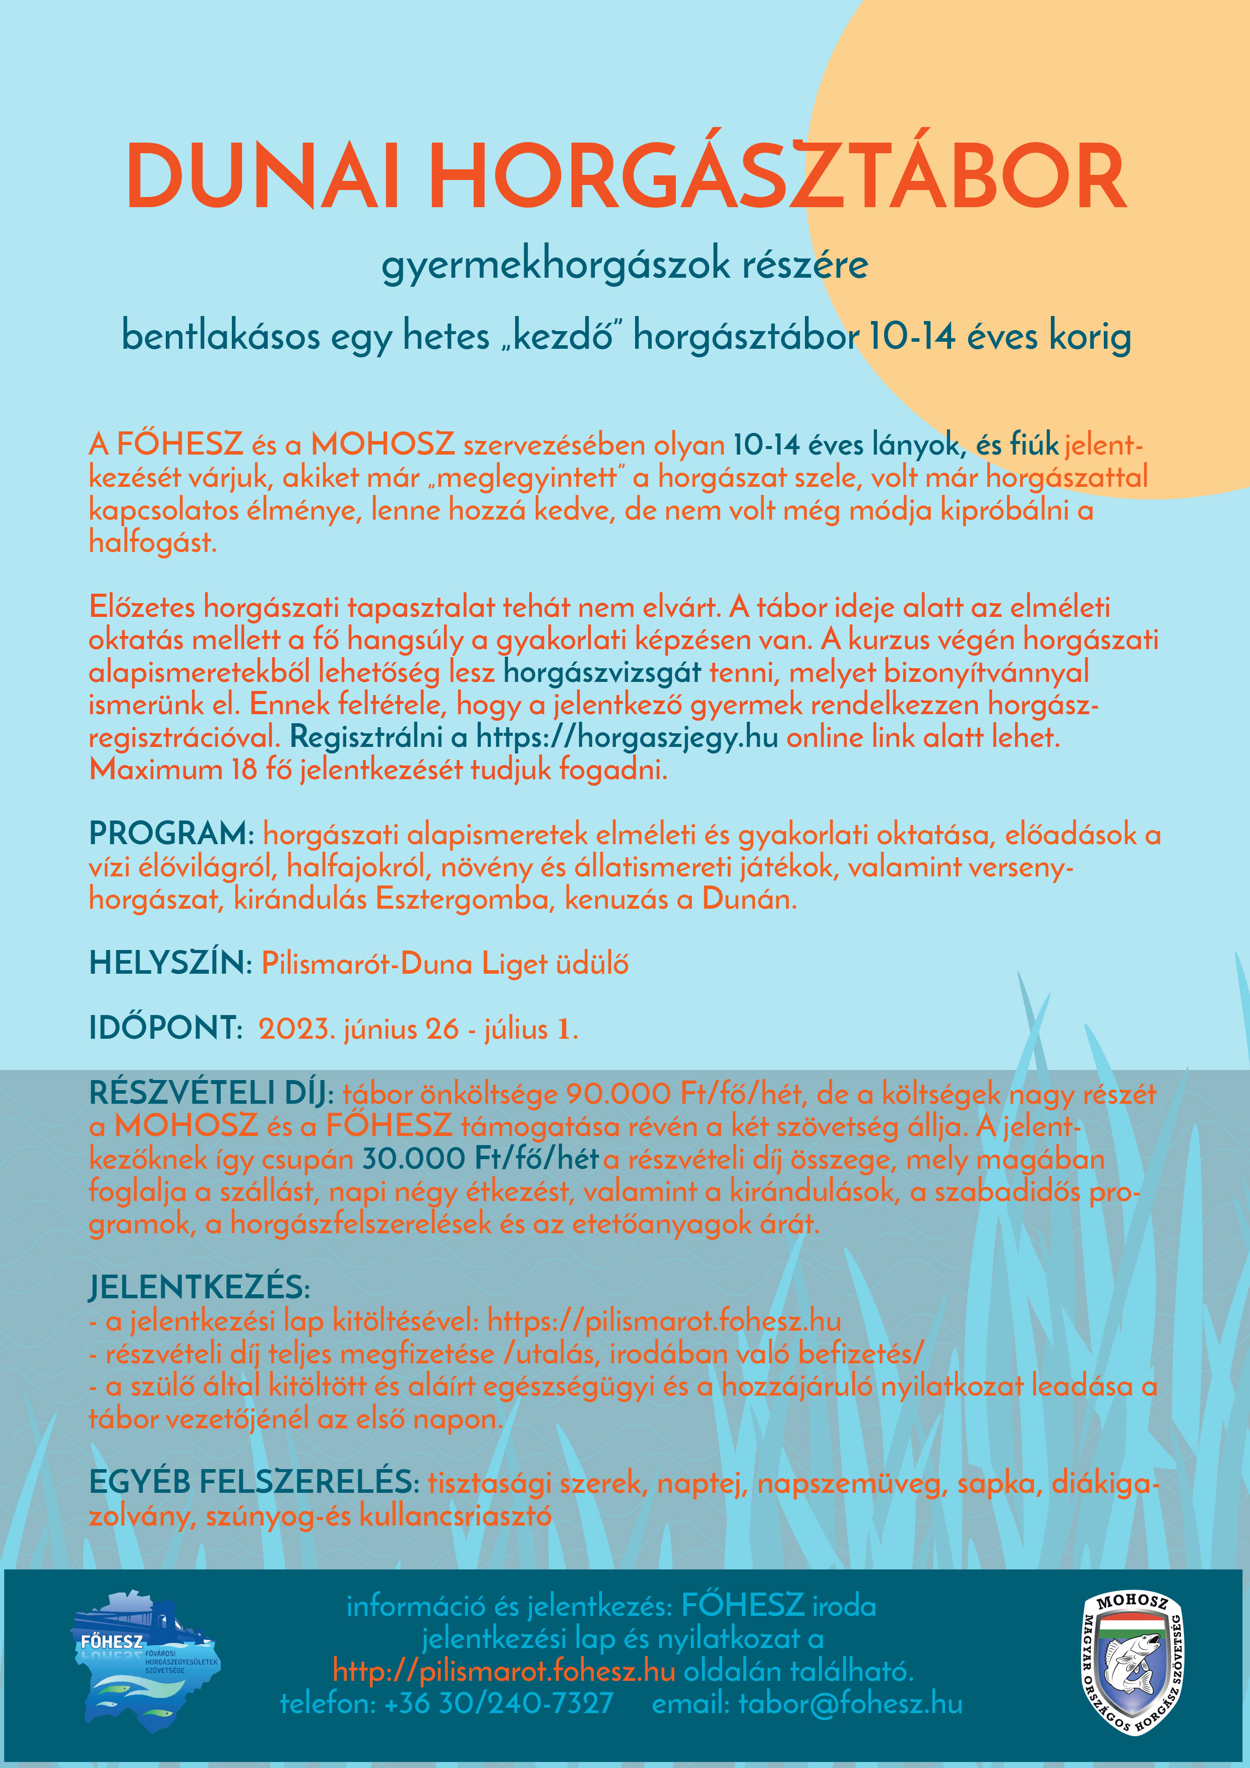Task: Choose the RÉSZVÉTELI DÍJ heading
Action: (210, 1094)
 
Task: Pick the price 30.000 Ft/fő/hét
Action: (480, 1159)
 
